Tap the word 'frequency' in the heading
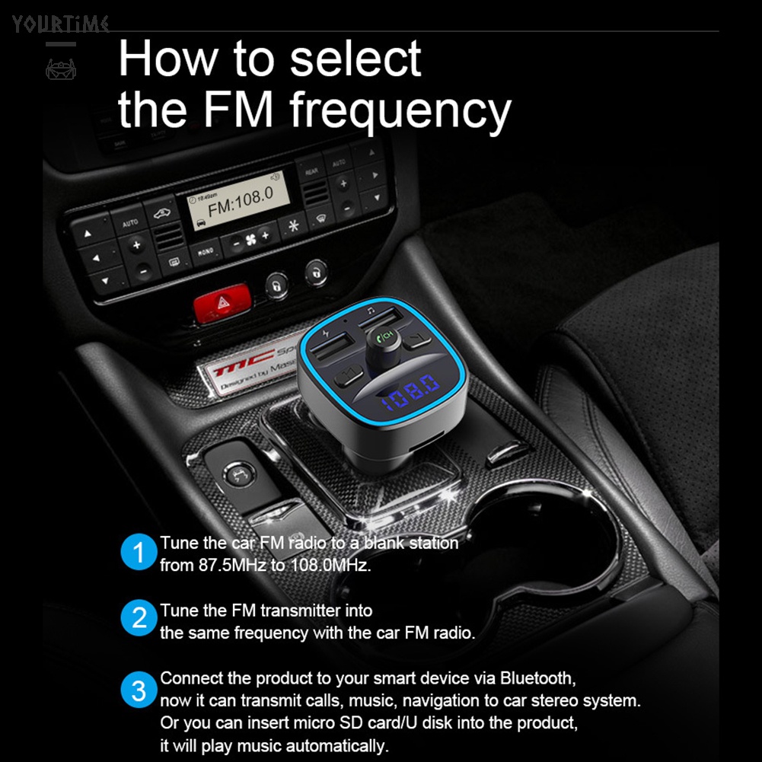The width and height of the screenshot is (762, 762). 400,110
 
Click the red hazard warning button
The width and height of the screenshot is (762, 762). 221,305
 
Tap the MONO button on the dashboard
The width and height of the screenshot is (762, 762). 204,250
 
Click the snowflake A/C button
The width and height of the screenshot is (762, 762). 292,226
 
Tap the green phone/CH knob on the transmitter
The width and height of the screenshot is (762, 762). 387,336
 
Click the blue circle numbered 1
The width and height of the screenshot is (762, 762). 138,553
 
